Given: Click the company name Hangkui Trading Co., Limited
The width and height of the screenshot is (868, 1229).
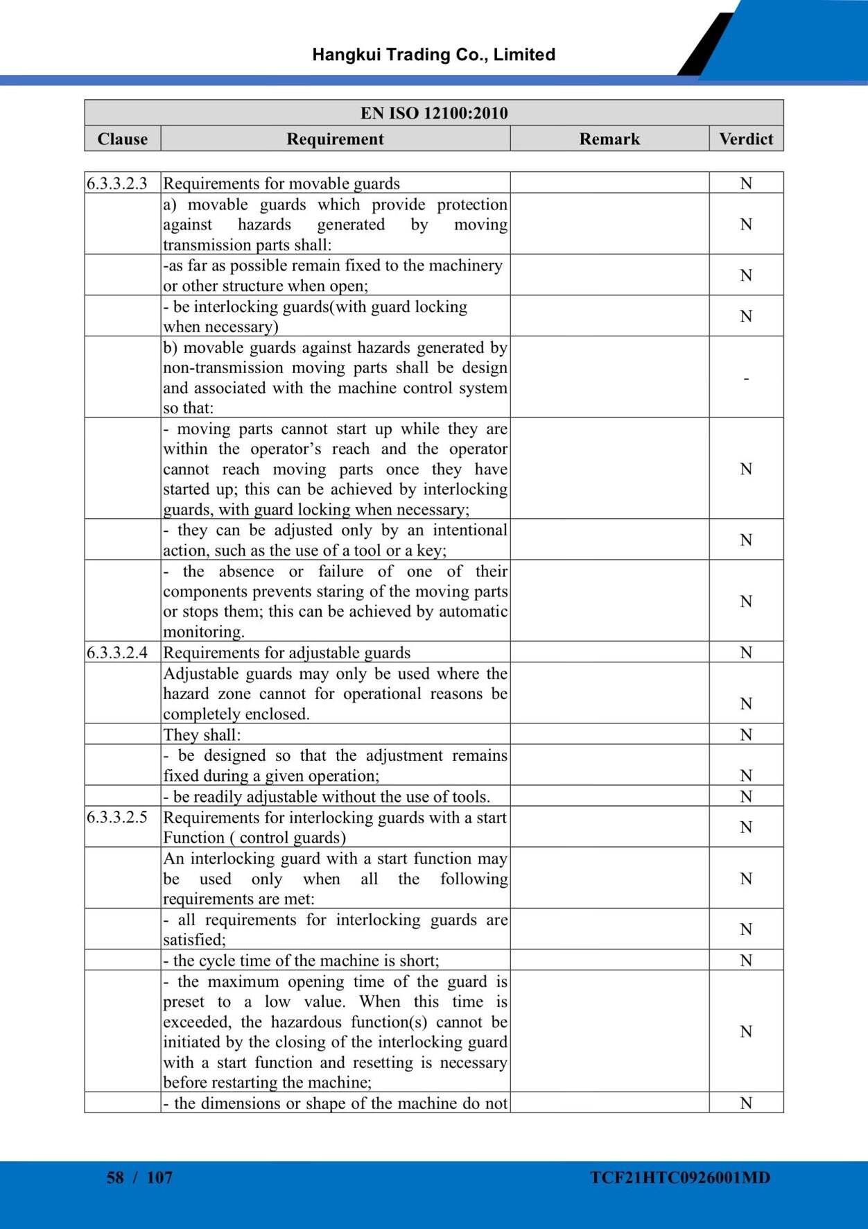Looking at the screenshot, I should pyautogui.click(x=433, y=55).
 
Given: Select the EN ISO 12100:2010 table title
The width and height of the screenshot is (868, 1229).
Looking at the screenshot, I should pyautogui.click(x=434, y=113).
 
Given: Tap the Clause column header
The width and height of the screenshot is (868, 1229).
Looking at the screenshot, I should pyautogui.click(x=123, y=139).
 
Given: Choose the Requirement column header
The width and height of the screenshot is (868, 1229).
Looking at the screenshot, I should pyautogui.click(x=335, y=139).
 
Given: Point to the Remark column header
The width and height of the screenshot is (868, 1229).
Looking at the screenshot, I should pyautogui.click(x=609, y=139).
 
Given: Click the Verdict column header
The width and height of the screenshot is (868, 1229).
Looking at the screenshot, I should pyautogui.click(x=746, y=139).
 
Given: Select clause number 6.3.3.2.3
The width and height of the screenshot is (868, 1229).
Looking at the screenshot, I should pyautogui.click(x=117, y=183).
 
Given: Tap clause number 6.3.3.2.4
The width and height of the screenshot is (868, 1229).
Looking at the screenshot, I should pyautogui.click(x=117, y=653).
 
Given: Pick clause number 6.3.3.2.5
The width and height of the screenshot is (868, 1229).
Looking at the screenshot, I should pyautogui.click(x=117, y=817).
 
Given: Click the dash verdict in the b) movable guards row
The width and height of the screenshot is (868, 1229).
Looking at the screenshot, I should pyautogui.click(x=746, y=379).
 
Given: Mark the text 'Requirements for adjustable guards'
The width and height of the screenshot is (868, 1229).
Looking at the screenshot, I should pyautogui.click(x=286, y=653).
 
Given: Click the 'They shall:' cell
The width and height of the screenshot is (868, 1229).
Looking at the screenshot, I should pyautogui.click(x=202, y=734).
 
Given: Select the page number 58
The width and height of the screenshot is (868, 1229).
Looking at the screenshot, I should pyautogui.click(x=115, y=1178).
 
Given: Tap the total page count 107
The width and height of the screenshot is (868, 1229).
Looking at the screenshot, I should pyautogui.click(x=159, y=1178).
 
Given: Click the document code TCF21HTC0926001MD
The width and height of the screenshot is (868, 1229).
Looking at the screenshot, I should pyautogui.click(x=680, y=1178).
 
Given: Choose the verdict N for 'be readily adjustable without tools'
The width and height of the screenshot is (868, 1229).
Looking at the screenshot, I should pyautogui.click(x=746, y=796).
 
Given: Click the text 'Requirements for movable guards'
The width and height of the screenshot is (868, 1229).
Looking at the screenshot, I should pyautogui.click(x=281, y=183).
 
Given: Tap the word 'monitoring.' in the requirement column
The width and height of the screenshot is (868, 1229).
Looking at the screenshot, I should pyautogui.click(x=204, y=632).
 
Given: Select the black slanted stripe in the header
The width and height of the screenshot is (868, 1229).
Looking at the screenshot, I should pyautogui.click(x=704, y=45).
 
